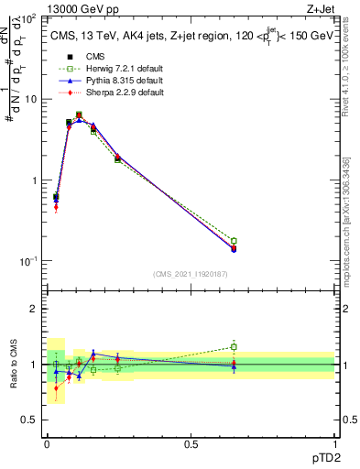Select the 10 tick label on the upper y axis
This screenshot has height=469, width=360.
(32, 99)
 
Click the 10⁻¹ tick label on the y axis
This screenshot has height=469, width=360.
(28, 262)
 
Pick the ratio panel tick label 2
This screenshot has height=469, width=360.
(35, 310)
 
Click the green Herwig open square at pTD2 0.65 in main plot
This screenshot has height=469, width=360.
(234, 241)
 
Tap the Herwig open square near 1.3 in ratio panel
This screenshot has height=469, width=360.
(234, 346)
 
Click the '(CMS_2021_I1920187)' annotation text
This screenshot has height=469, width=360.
(191, 274)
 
